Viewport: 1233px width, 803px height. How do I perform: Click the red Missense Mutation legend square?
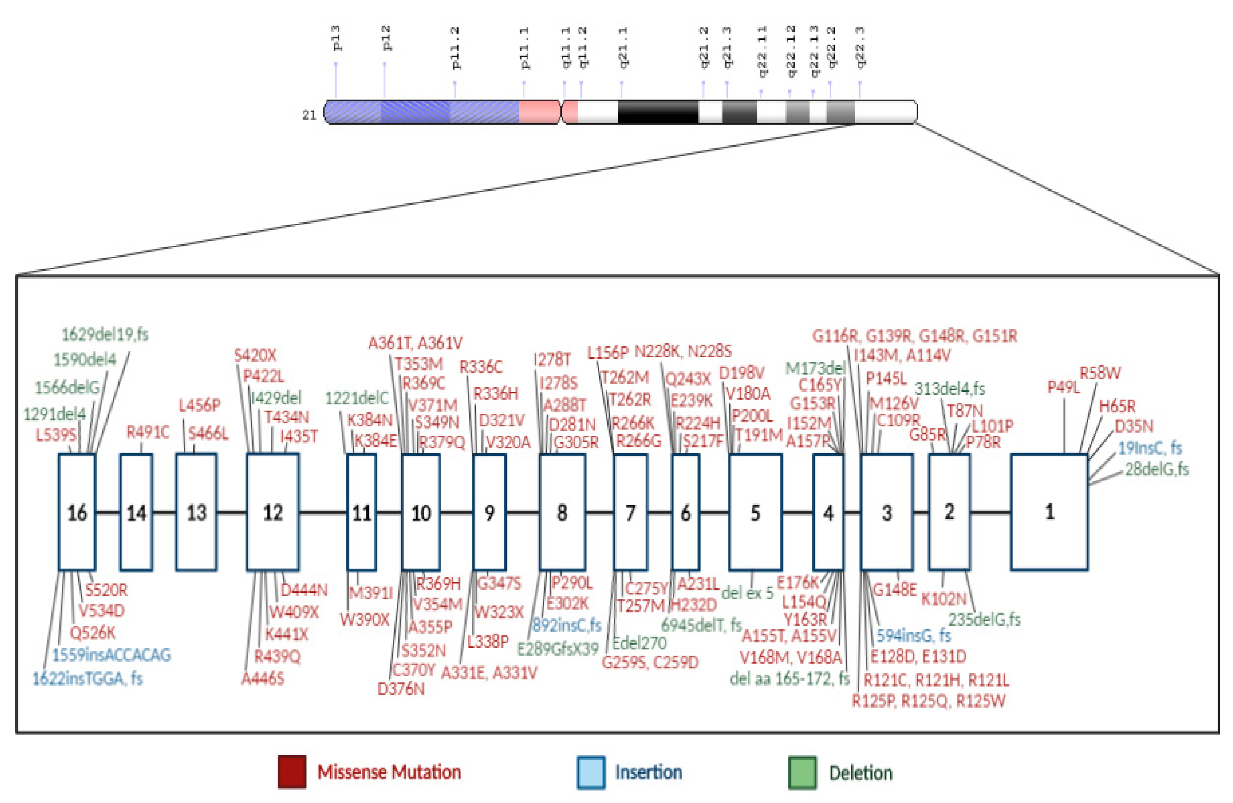click(x=292, y=772)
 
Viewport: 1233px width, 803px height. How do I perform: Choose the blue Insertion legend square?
click(x=590, y=772)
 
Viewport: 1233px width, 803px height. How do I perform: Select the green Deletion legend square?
click(x=802, y=772)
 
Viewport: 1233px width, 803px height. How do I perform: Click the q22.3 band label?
click(x=860, y=47)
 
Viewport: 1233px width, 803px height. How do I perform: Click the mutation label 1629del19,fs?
click(x=105, y=335)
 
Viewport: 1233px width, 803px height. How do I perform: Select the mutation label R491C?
click(x=148, y=432)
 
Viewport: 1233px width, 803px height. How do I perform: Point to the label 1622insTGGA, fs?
click(x=87, y=678)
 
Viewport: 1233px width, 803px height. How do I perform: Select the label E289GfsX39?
click(x=558, y=648)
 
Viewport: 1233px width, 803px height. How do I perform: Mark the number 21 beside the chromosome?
click(x=309, y=115)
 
